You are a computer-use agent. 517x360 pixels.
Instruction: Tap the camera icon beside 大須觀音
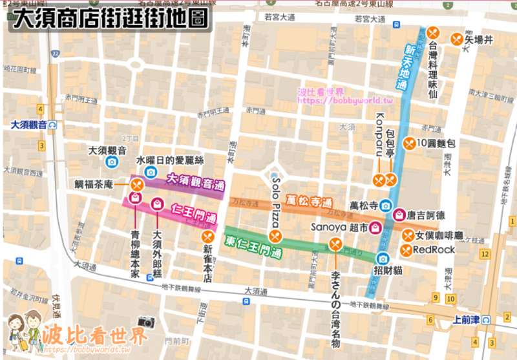tap(112, 162)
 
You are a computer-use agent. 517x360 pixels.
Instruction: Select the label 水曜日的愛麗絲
tap(169, 160)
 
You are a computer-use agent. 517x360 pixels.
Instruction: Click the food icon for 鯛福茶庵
tap(136, 185)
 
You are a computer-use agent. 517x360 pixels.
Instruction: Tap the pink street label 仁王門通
tap(195, 215)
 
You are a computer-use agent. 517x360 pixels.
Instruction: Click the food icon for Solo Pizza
tap(276, 236)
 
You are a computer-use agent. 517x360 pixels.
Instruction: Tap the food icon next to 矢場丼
tap(458, 39)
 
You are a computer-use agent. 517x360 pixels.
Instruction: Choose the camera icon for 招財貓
tap(383, 259)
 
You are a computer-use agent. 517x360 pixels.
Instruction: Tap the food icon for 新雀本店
tap(207, 237)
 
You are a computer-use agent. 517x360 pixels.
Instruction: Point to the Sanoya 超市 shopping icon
tap(374, 228)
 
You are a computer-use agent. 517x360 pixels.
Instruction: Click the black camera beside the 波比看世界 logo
tap(147, 322)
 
